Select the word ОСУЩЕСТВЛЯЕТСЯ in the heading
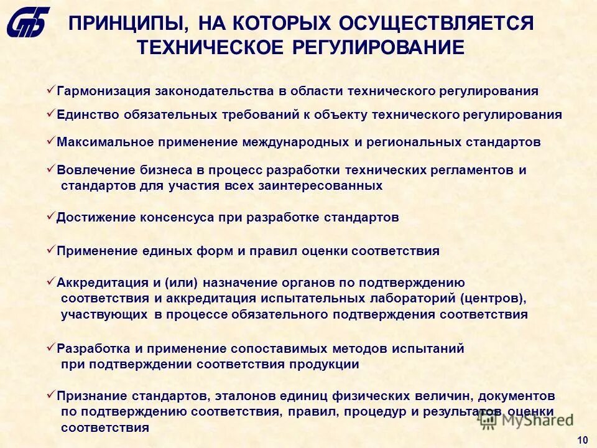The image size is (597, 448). (x=436, y=24)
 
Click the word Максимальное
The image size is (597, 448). (x=105, y=142)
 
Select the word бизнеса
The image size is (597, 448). (x=149, y=170)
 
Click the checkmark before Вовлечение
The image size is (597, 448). (x=51, y=169)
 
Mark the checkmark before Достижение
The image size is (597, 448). (x=51, y=217)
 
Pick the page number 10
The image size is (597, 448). (x=583, y=441)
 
